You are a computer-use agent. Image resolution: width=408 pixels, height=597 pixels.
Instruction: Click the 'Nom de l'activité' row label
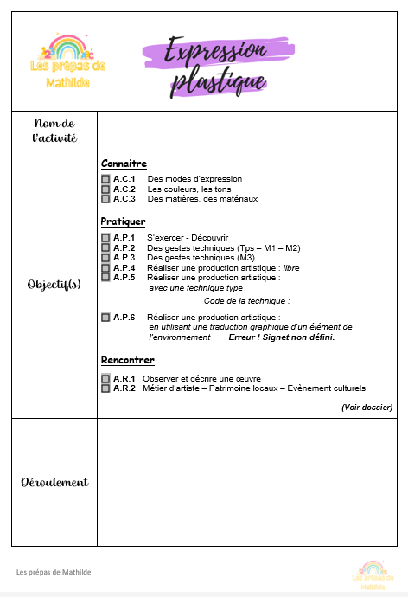pos(54,131)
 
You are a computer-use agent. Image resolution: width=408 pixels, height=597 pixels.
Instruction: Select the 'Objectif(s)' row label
pos(54,284)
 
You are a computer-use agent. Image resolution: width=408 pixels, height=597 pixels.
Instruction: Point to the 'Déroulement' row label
pos(54,482)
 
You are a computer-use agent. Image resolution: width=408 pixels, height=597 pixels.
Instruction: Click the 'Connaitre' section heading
pos(124,164)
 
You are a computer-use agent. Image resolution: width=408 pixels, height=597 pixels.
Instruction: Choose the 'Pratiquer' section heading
pos(123,221)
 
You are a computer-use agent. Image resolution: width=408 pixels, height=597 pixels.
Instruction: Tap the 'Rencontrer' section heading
pos(127,360)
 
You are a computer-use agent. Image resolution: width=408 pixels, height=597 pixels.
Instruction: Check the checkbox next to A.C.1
pos(105,179)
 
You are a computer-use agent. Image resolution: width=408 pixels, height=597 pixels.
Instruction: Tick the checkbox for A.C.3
pos(105,199)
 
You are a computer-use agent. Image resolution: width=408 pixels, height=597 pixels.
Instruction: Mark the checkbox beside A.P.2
pos(105,247)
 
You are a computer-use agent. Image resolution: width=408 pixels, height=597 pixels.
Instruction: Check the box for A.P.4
pos(105,267)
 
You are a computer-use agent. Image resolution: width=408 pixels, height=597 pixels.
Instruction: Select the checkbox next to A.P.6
pos(105,318)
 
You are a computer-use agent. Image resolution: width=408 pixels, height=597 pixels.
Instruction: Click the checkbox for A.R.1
pos(105,379)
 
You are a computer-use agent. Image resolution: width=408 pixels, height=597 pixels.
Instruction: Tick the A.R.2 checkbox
pos(105,388)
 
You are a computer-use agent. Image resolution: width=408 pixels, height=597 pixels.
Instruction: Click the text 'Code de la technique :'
pos(246,301)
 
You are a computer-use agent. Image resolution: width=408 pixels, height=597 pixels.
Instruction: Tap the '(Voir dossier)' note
pos(367,407)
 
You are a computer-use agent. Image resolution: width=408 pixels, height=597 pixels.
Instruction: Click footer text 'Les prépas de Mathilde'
pos(54,572)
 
